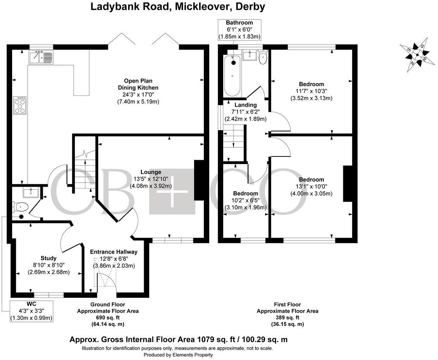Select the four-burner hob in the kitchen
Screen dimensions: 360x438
pos(20,105)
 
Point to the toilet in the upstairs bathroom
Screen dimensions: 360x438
pos(262,58)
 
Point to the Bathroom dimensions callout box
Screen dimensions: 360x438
pos(239,29)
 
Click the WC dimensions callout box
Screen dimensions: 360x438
pos(31,311)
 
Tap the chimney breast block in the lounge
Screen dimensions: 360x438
pos(199,180)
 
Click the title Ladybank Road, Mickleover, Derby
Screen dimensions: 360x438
pos(178,7)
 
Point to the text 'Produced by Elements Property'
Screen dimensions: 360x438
pos(178,355)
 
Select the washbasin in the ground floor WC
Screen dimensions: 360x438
pos(30,192)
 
